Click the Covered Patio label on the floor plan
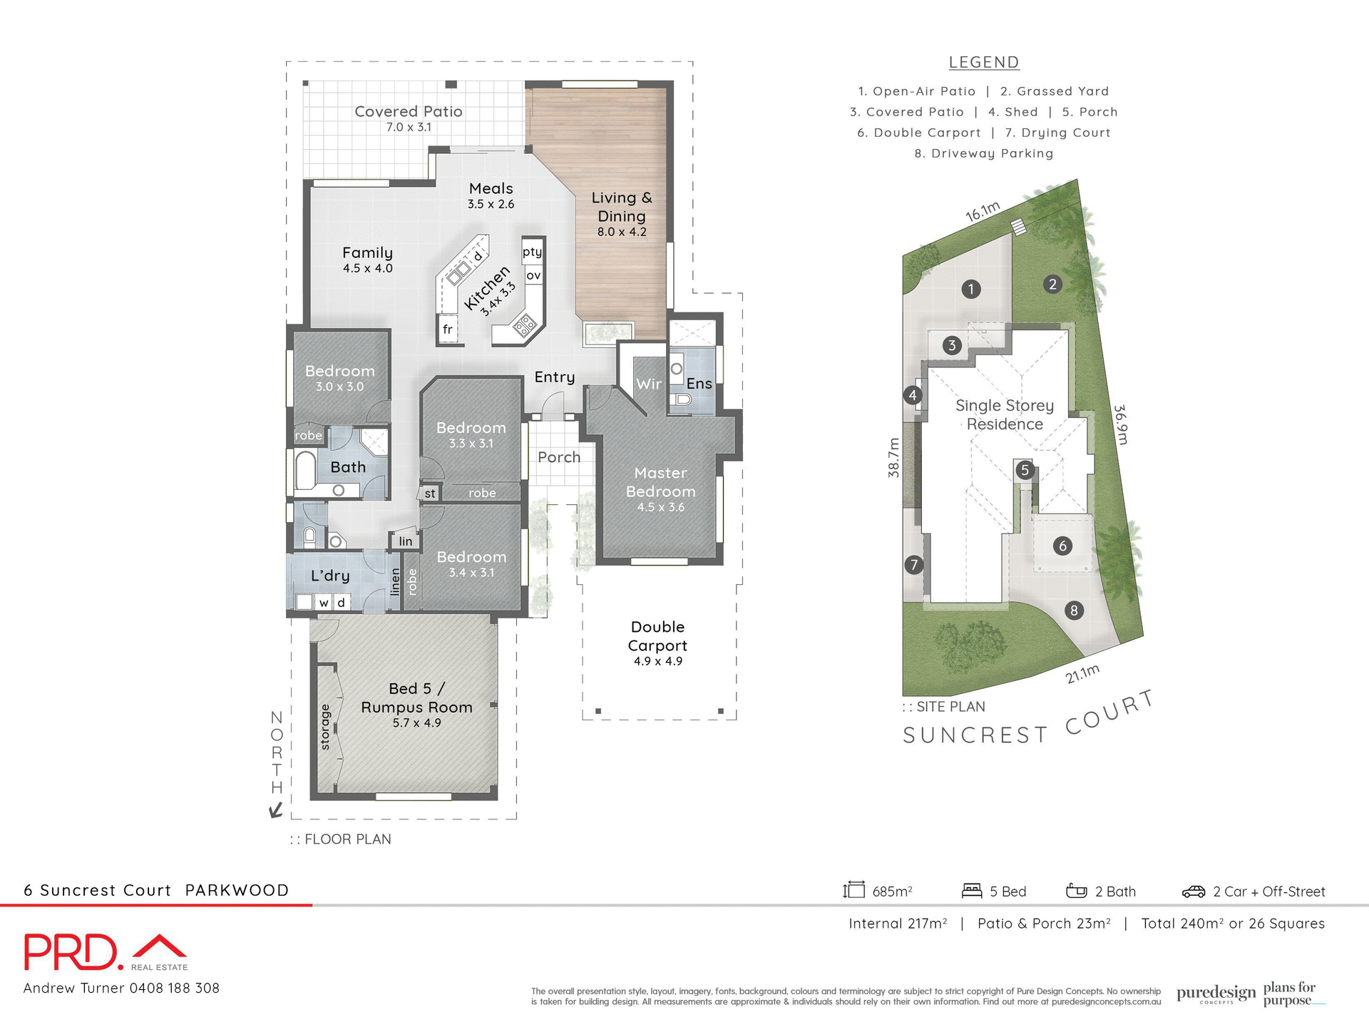click(409, 112)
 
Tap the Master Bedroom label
click(660, 483)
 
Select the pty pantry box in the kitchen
click(532, 252)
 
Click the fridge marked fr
click(447, 329)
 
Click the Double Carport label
click(657, 636)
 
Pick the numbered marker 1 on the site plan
click(970, 289)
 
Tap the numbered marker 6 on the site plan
click(1062, 546)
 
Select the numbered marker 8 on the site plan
click(1074, 610)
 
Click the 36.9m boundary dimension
click(1122, 424)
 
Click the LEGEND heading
click(983, 63)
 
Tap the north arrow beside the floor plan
click(276, 810)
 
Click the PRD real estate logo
click(106, 952)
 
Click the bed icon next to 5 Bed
click(971, 891)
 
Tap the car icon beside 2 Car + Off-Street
click(1193, 891)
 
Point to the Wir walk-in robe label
click(648, 384)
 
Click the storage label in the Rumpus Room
click(326, 727)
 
